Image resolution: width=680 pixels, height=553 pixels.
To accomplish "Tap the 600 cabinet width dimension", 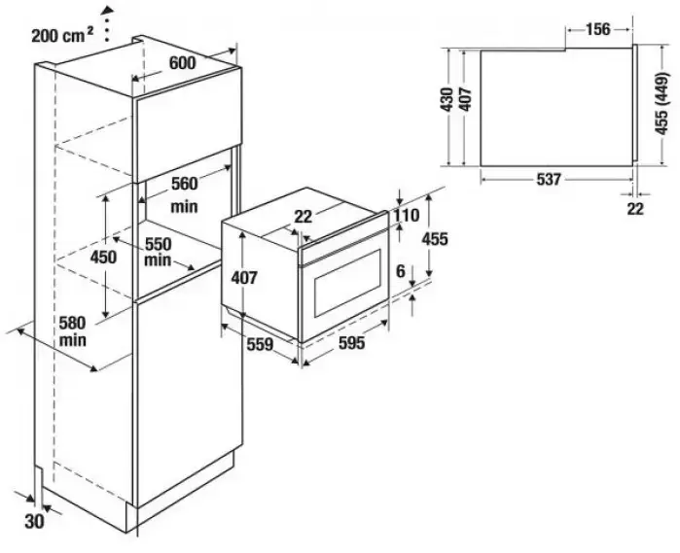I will [x=182, y=62].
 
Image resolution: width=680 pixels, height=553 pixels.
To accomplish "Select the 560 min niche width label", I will [x=184, y=193].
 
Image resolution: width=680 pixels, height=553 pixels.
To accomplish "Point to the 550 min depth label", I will [x=158, y=251].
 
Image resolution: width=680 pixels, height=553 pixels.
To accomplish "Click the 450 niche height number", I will [x=104, y=257].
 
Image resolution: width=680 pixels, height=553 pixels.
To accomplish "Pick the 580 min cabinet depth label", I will [x=72, y=330].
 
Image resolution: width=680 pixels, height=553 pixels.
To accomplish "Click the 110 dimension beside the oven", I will [x=406, y=216].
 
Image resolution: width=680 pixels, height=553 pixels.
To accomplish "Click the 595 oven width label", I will [x=350, y=343].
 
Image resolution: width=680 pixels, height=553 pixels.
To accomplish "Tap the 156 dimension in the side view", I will [x=597, y=29].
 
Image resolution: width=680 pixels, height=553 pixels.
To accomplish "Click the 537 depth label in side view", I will [x=550, y=179].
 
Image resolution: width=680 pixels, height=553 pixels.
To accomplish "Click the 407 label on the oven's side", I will [x=245, y=277].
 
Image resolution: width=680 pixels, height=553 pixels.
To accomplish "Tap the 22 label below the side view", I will [x=635, y=208].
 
